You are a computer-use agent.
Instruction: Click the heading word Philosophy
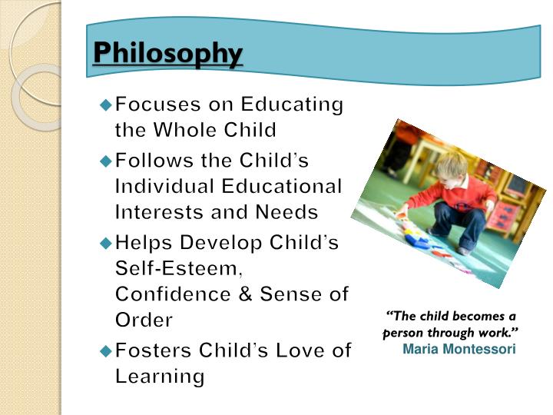pyautogui.click(x=167, y=54)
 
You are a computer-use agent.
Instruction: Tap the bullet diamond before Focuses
pyautogui.click(x=106, y=104)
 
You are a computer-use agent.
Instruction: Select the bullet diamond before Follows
pyautogui.click(x=106, y=161)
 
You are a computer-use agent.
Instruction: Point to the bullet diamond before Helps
pyautogui.click(x=106, y=243)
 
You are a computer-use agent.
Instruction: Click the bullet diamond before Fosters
pyautogui.click(x=106, y=350)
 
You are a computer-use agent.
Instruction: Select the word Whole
pyautogui.click(x=186, y=129)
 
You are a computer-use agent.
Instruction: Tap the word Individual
pyautogui.click(x=164, y=186)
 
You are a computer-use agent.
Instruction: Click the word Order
pyautogui.click(x=144, y=320)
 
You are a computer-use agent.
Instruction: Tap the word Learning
pyautogui.click(x=160, y=377)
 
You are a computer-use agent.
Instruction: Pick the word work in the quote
pyautogui.click(x=499, y=334)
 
